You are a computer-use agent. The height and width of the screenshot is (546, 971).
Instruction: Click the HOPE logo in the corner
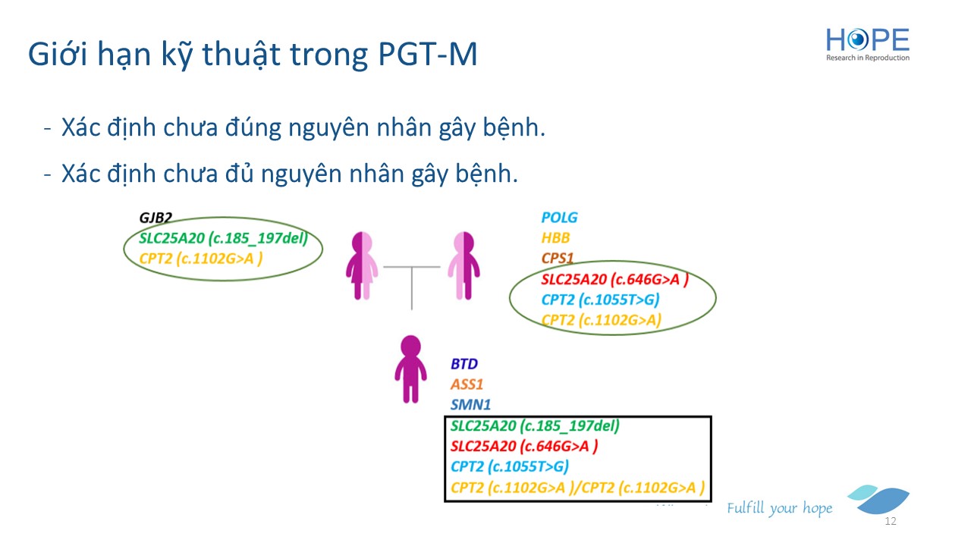coord(867,45)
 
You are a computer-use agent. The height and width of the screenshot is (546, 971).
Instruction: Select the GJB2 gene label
coord(156,217)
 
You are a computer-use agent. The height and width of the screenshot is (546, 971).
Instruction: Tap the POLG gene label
coord(559,217)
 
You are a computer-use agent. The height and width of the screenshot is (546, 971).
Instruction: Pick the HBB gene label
coord(555,237)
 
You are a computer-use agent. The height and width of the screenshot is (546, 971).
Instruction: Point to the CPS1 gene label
coord(558,258)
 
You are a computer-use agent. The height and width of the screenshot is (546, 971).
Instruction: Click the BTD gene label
coord(464,363)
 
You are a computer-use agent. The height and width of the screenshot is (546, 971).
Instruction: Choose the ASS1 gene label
coord(467,384)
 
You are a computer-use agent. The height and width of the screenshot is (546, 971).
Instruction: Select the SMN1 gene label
coord(470,404)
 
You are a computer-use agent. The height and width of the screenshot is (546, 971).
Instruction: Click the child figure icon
coord(410,369)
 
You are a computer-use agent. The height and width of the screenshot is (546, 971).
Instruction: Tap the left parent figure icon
coord(362,265)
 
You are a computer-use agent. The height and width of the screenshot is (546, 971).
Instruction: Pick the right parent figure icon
coord(464,265)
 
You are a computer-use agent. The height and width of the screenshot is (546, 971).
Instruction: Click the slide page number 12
coord(891,521)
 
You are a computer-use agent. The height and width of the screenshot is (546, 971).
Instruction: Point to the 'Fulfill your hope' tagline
coord(779,508)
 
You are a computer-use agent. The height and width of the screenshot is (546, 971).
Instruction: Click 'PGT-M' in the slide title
coord(427,54)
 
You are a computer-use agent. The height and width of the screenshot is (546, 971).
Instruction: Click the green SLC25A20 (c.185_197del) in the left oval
coord(223,238)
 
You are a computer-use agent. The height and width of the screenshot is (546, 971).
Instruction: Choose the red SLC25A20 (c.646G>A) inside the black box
coord(524,446)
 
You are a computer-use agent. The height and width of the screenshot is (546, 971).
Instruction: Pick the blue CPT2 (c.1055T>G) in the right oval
coord(600,300)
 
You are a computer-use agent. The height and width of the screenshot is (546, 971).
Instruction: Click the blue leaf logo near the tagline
coord(878,499)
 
